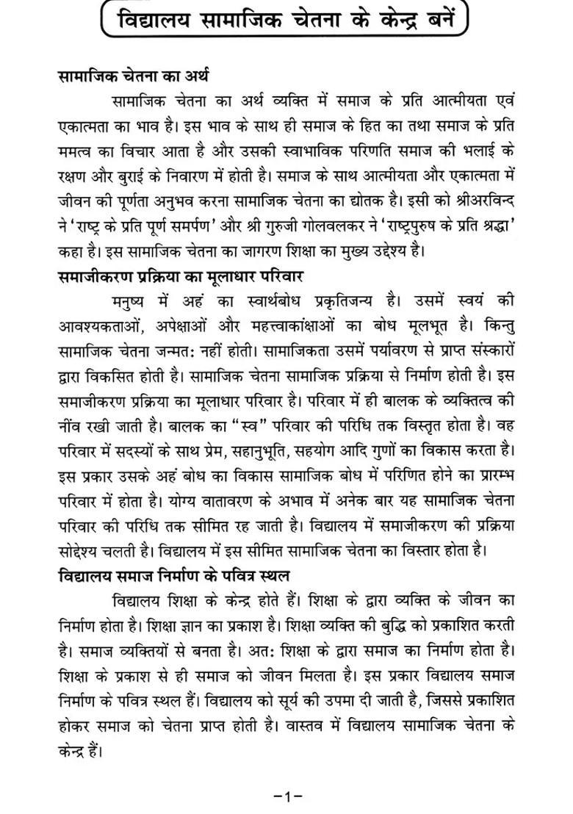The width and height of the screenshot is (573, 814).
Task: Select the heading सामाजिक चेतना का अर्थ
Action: [133, 76]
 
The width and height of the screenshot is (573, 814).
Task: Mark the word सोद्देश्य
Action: [87, 552]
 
